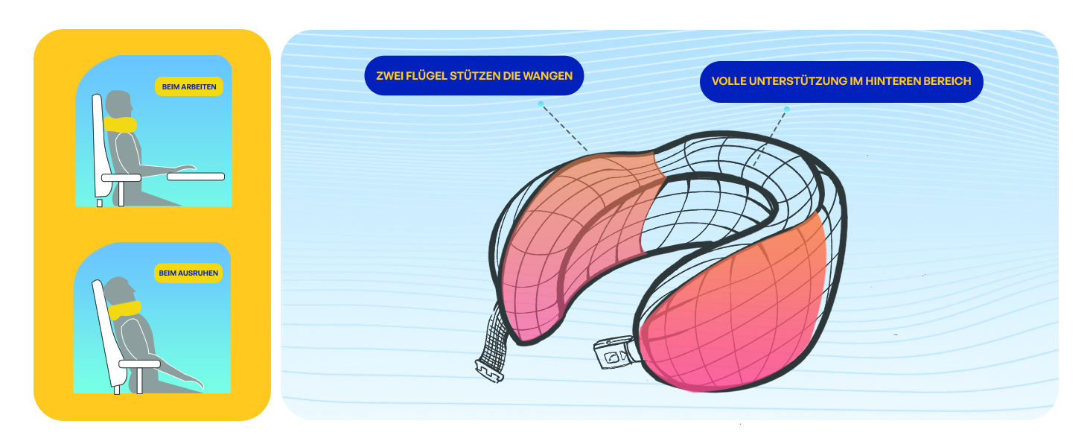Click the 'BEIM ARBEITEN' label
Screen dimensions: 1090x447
tap(189, 86)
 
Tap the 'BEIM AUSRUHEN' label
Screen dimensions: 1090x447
tap(188, 273)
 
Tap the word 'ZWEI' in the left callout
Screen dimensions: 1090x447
tap(389, 76)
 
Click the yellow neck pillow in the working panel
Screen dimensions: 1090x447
tap(120, 124)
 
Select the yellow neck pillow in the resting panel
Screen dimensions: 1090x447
tap(124, 310)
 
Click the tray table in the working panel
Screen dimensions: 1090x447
tap(196, 177)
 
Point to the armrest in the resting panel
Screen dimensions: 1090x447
tap(140, 364)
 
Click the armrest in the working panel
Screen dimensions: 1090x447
tap(121, 178)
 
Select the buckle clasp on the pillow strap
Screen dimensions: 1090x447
tap(615, 354)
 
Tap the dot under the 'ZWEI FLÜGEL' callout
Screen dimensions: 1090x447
tap(541, 104)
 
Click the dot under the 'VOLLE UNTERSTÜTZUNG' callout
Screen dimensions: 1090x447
tap(787, 110)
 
